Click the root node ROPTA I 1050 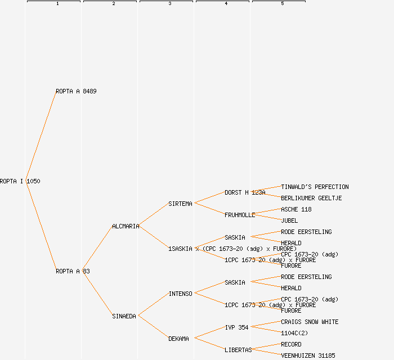point(20,181)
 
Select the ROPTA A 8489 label point(76,91)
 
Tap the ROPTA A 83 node point(73,271)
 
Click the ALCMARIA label point(126,226)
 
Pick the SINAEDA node point(124,316)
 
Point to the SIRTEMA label point(180,204)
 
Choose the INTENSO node point(180,294)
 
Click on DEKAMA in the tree point(178,339)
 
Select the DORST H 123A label point(245,192)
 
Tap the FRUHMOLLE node point(240,215)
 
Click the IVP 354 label point(236,327)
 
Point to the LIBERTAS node point(238,350)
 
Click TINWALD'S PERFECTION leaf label point(315,187)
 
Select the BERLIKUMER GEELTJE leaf point(311,198)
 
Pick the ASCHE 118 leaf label point(296,209)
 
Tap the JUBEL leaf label point(289,220)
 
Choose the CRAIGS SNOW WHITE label point(310,322)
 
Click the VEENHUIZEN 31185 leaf point(308,355)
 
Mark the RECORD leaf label point(291,344)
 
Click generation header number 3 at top point(169,4)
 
